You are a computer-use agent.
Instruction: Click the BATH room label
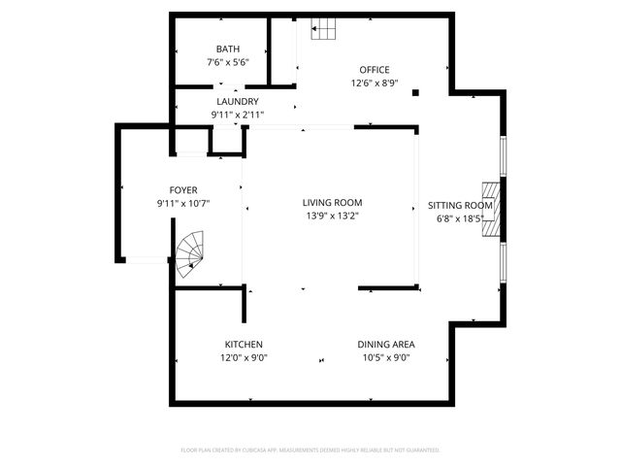(228, 49)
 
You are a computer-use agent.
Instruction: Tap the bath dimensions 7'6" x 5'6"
(228, 62)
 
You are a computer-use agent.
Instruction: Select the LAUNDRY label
(237, 101)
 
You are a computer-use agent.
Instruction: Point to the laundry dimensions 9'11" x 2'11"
(237, 115)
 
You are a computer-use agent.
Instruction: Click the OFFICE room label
(375, 70)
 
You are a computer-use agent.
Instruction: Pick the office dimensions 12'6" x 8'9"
(375, 83)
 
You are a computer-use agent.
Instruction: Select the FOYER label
(183, 190)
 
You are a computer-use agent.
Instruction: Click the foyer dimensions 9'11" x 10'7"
(183, 203)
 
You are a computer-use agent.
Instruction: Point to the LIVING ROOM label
(333, 203)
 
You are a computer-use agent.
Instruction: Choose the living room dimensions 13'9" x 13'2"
(333, 216)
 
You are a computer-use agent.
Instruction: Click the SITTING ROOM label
(461, 206)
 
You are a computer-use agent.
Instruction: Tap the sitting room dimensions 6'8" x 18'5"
(461, 218)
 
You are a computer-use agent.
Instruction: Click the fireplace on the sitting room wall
(493, 210)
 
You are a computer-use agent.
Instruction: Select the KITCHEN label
(244, 345)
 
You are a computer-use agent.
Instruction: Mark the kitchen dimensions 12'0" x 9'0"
(244, 357)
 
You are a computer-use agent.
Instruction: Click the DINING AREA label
(386, 345)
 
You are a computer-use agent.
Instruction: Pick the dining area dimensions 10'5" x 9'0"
(386, 357)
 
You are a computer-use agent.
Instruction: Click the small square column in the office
(415, 93)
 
